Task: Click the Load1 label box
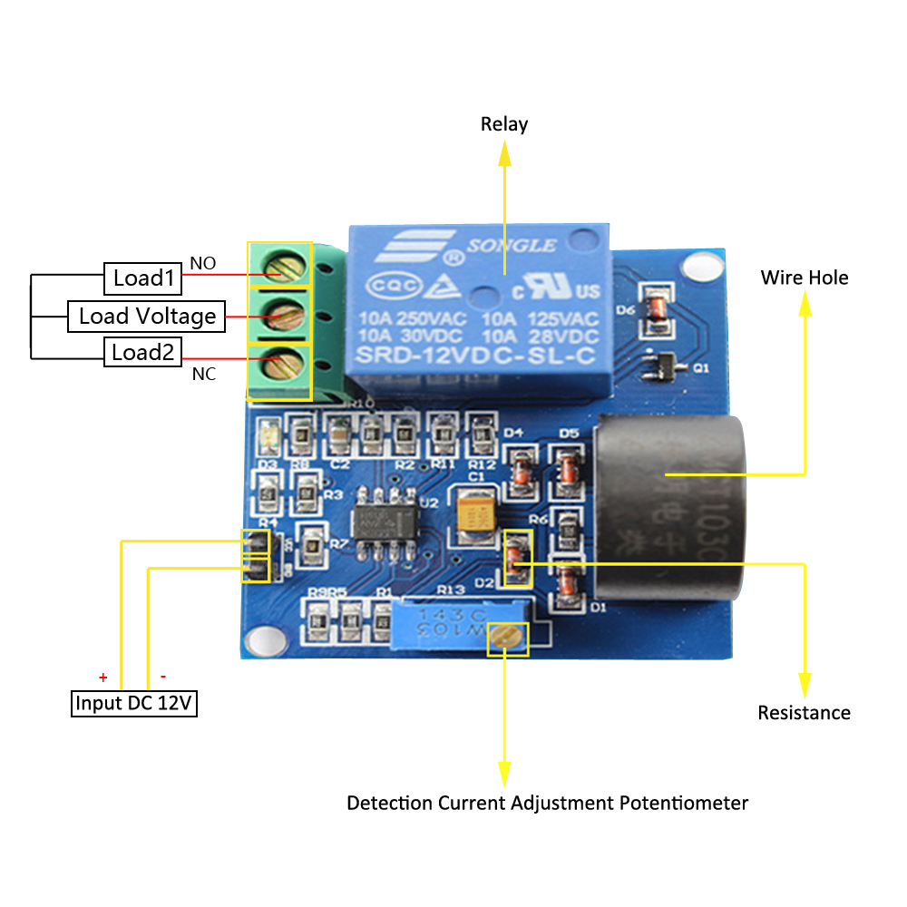[x=143, y=278]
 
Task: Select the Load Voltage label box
[x=147, y=316]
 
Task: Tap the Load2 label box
[x=142, y=352]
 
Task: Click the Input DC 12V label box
[x=134, y=703]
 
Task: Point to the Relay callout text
[x=503, y=124]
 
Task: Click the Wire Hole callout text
[x=805, y=278]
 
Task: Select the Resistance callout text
[x=804, y=713]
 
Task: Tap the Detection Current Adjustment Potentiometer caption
[x=547, y=804]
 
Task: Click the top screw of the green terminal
[x=279, y=266]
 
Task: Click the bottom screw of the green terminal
[x=279, y=369]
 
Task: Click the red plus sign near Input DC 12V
[x=103, y=677]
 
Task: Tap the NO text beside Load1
[x=202, y=264]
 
